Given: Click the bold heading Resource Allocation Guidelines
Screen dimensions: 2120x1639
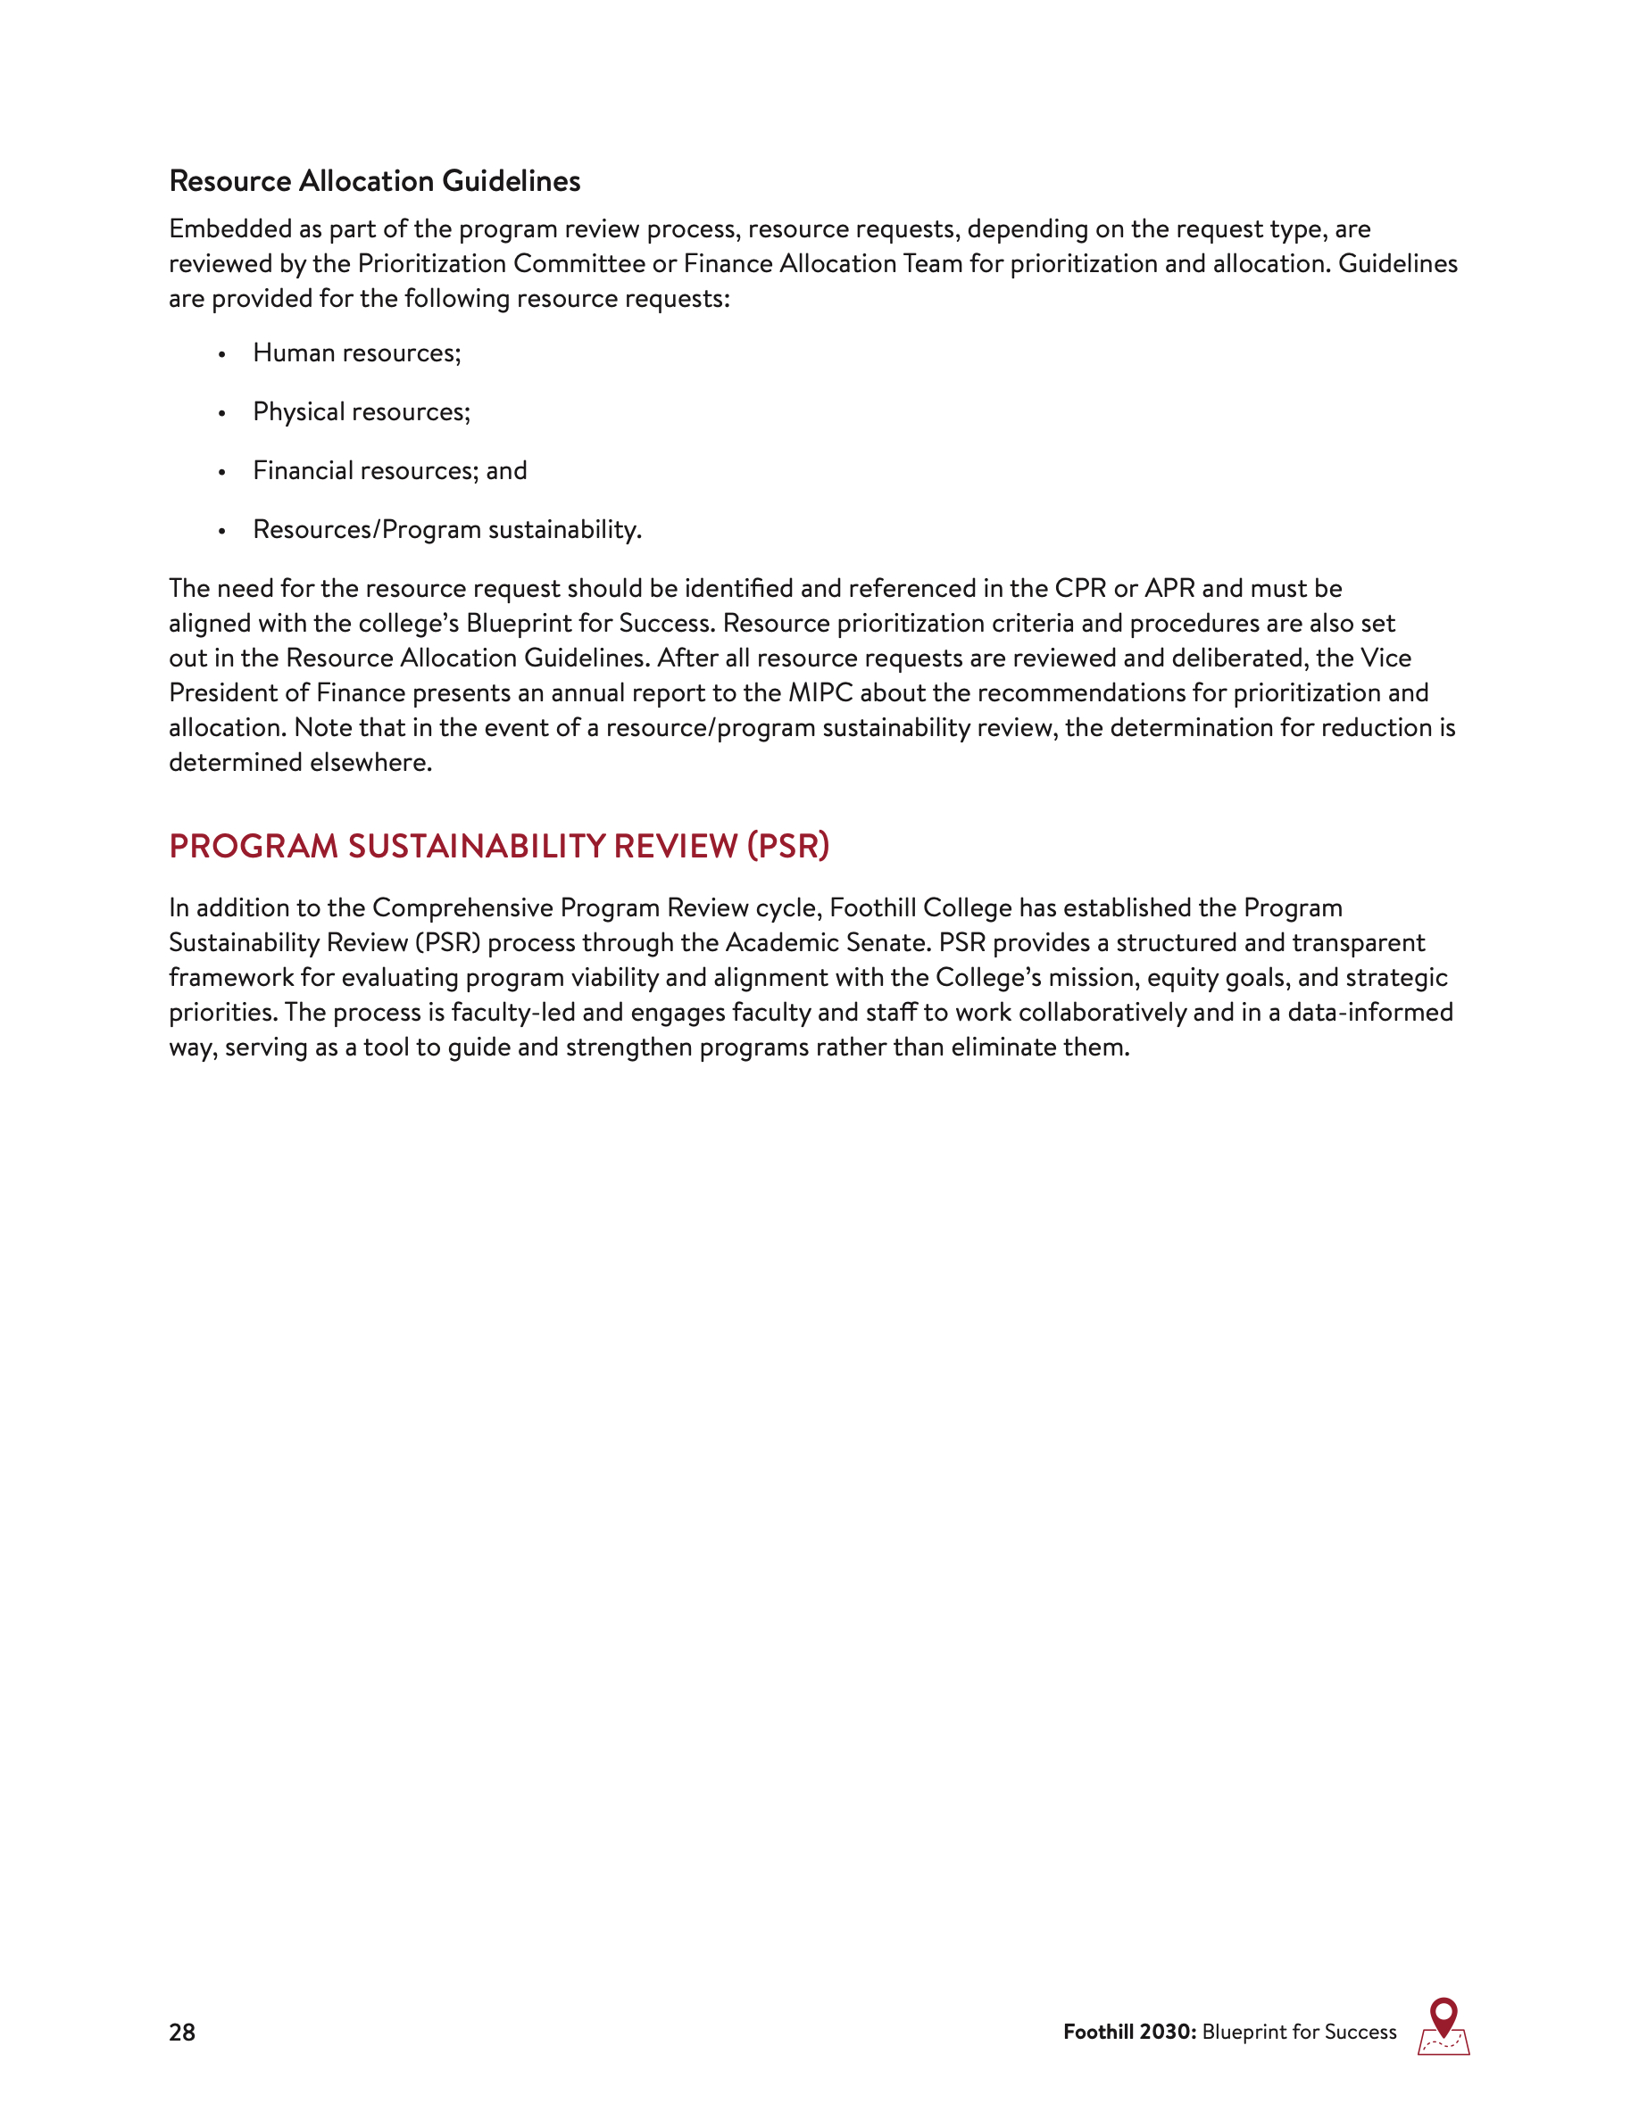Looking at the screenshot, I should pyautogui.click(x=374, y=181).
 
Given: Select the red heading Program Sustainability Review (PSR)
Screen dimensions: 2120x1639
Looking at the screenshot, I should pyautogui.click(x=499, y=846).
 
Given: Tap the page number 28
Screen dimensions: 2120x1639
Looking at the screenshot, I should pyautogui.click(x=181, y=2032).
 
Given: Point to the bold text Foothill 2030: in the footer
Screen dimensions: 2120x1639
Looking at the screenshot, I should pyautogui.click(x=1129, y=2032).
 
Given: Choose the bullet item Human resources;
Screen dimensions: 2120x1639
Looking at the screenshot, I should pyautogui.click(x=356, y=353).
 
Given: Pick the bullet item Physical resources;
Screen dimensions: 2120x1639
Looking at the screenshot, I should pyautogui.click(x=362, y=412).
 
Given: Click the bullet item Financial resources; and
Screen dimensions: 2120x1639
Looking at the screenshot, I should pyautogui.click(x=389, y=471).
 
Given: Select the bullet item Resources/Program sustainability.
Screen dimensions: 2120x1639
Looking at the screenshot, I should pyautogui.click(x=446, y=530).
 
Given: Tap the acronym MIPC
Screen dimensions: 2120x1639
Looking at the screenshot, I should pyautogui.click(x=819, y=693).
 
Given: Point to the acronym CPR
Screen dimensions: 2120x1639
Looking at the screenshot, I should pyautogui.click(x=1079, y=589).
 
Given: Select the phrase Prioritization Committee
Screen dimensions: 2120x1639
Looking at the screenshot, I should pyautogui.click(x=500, y=264).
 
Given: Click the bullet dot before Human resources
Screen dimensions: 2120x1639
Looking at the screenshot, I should pyautogui.click(x=222, y=355).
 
